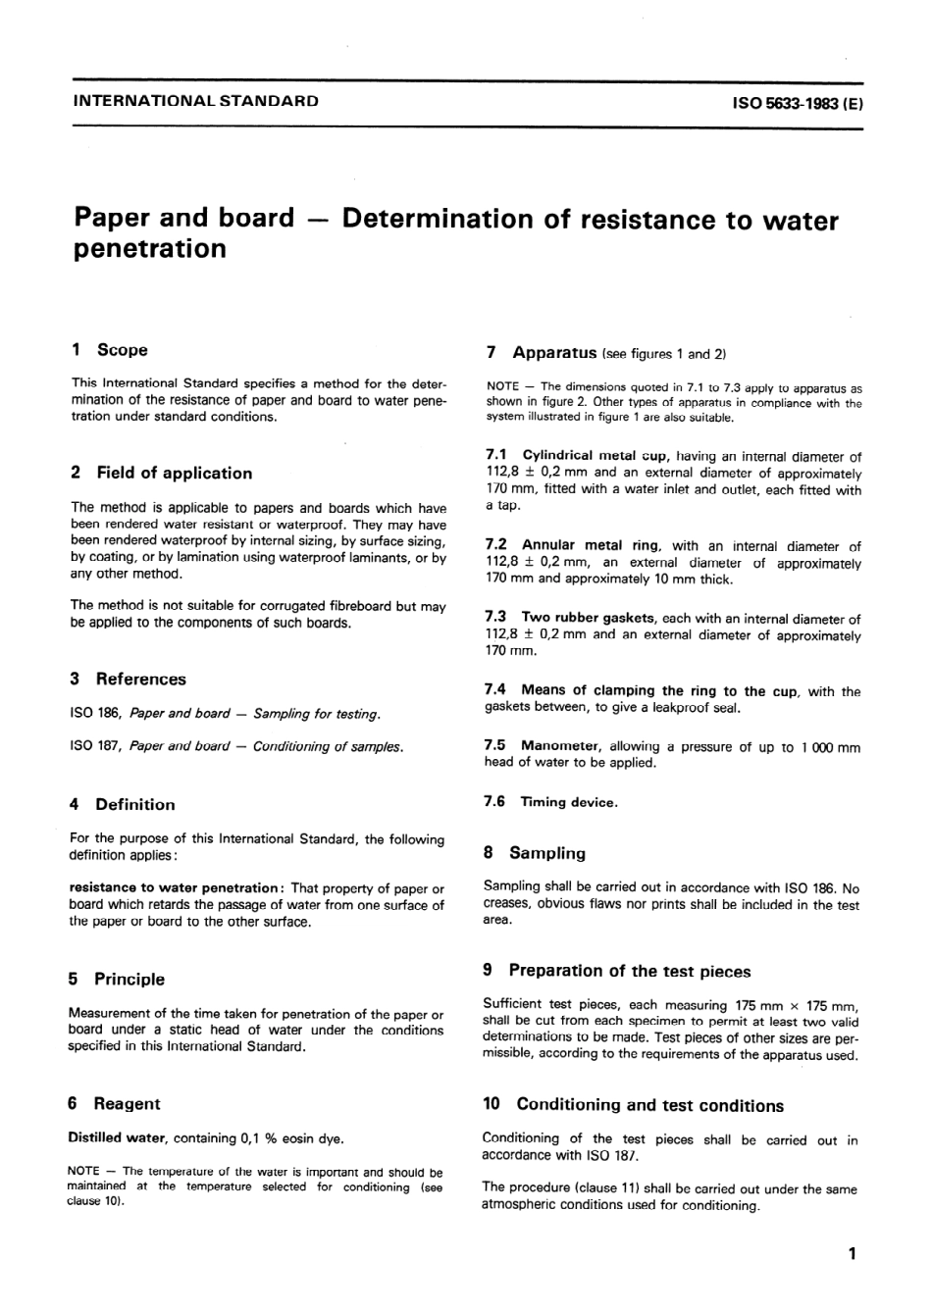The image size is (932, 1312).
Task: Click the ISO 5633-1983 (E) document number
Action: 797,102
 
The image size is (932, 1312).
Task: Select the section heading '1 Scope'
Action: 109,350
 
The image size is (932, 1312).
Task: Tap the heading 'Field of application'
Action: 174,473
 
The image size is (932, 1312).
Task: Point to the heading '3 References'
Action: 128,679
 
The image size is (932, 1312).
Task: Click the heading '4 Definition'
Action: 123,804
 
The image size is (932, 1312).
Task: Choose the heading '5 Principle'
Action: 117,979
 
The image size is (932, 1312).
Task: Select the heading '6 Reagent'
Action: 114,1103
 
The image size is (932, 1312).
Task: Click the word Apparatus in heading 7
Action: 554,352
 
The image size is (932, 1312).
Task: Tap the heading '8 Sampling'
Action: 535,853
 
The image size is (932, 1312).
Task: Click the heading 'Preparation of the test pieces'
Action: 629,971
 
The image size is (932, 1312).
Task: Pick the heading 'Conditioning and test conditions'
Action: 649,1105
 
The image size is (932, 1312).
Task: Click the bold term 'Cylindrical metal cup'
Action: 593,456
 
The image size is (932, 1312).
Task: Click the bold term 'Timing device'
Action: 568,802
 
